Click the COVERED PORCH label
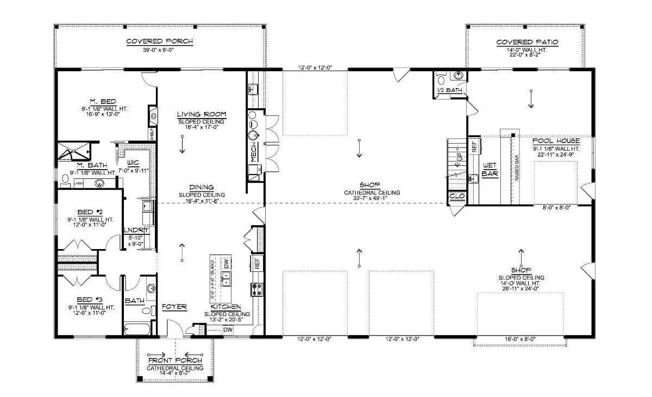click(x=159, y=41)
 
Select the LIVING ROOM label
click(x=201, y=114)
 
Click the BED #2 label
click(x=90, y=212)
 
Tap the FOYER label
click(x=174, y=307)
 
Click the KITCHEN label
click(x=227, y=307)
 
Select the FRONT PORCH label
click(x=175, y=361)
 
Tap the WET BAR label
click(x=490, y=171)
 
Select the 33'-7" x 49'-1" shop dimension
click(x=373, y=200)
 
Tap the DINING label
click(x=201, y=187)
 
